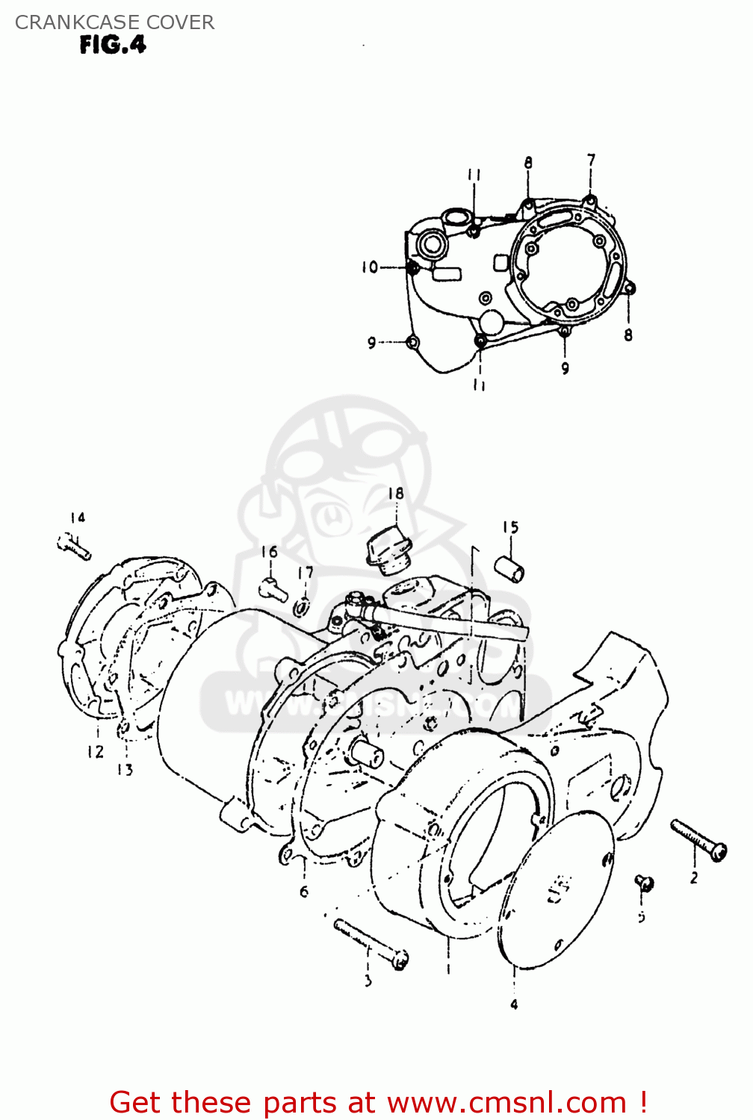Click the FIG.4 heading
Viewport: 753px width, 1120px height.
113,46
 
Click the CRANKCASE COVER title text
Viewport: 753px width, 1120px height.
114,22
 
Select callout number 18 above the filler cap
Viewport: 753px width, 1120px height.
395,494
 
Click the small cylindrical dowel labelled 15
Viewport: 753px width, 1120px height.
509,567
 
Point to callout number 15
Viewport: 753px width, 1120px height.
509,527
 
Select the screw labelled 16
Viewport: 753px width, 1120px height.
273,589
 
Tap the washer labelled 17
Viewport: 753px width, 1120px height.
302,608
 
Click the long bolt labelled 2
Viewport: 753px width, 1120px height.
698,840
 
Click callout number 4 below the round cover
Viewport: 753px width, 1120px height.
514,1005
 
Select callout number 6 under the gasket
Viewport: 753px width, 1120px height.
304,892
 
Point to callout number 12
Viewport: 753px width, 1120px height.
95,752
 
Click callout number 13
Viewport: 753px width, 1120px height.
125,769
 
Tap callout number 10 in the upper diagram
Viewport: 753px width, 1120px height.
370,267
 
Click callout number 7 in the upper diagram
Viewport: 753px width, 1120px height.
591,160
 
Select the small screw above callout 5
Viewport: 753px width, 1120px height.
645,883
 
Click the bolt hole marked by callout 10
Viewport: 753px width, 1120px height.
412,267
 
